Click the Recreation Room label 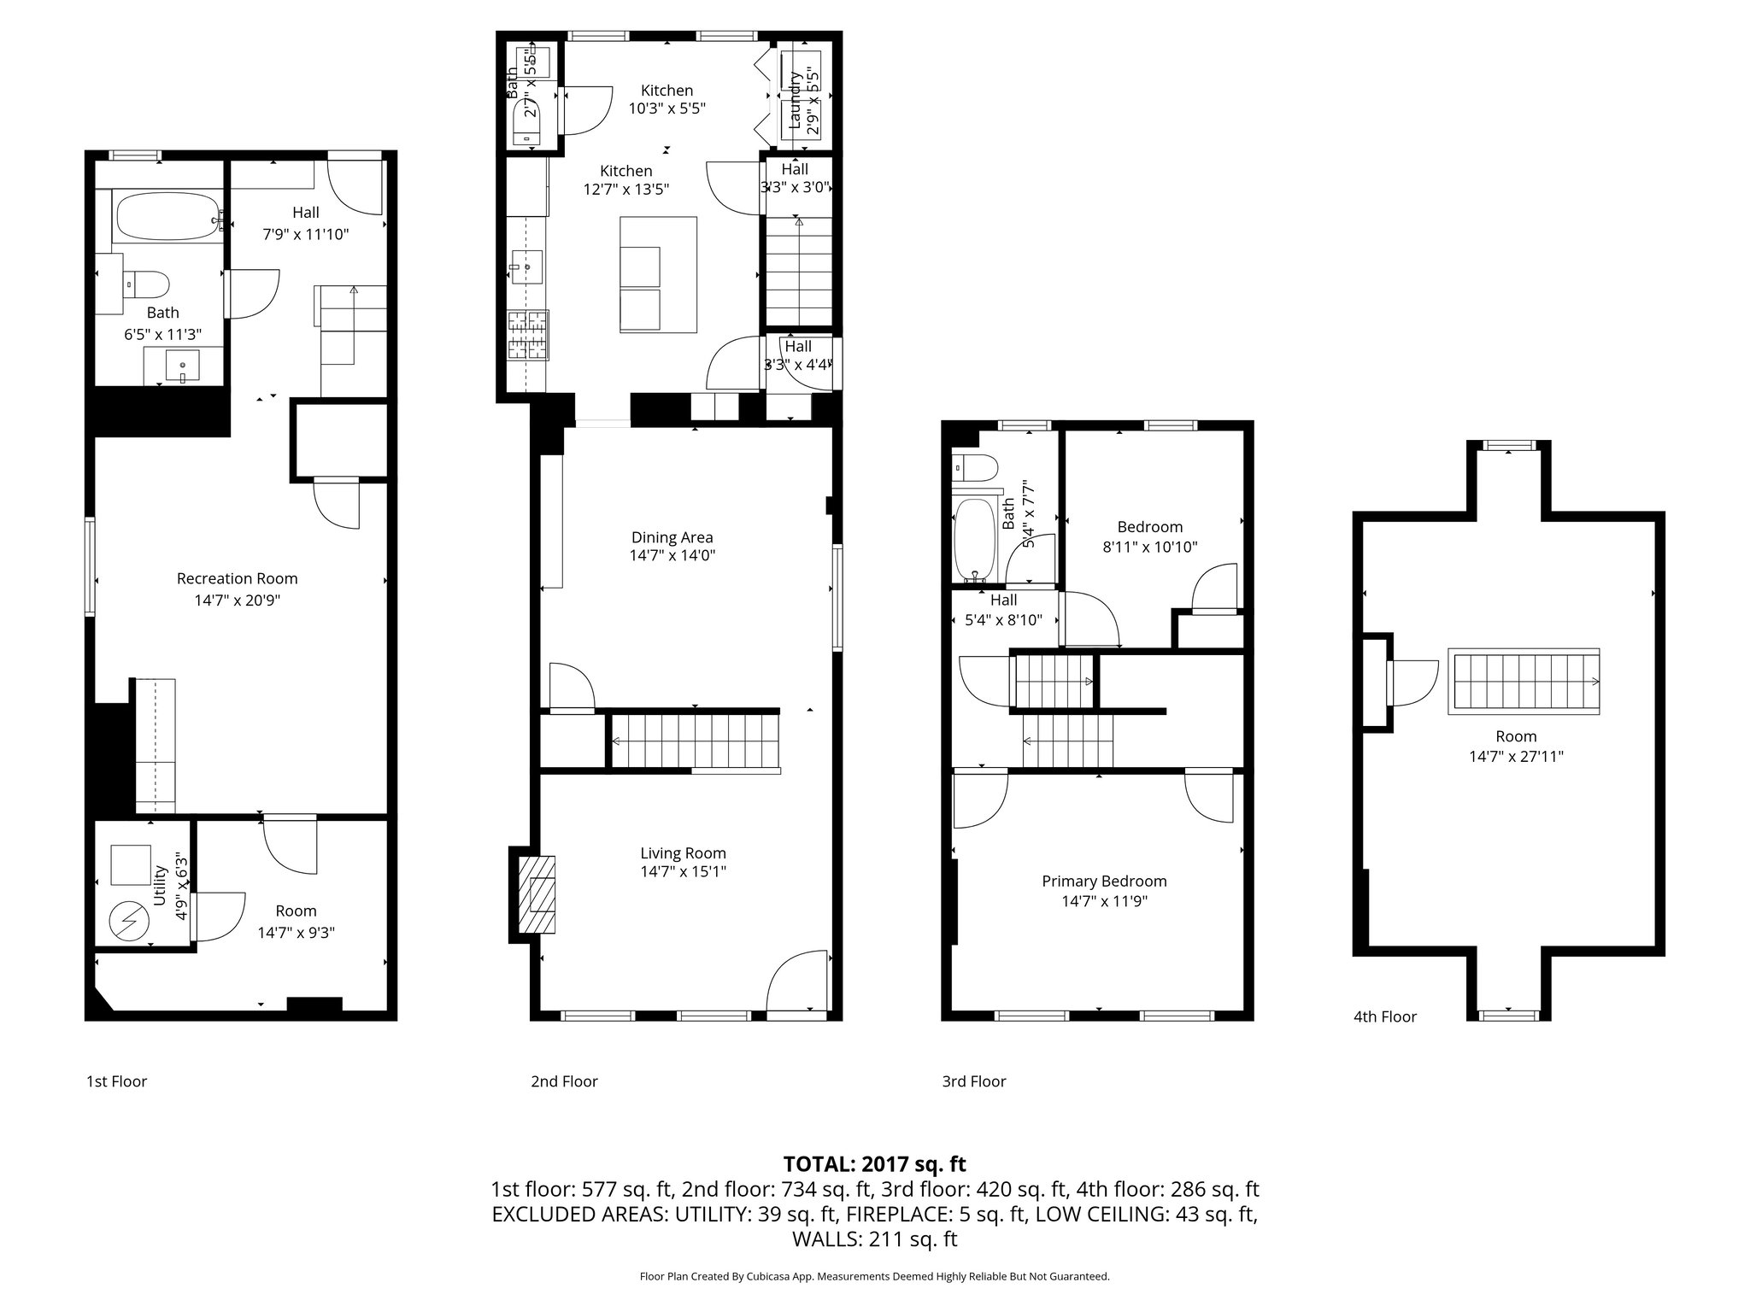(x=237, y=578)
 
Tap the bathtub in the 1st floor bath (x=167, y=218)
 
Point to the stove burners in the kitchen (x=527, y=335)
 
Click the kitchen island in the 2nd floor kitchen (x=658, y=274)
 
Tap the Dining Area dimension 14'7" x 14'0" (x=672, y=556)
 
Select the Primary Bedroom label (x=1104, y=881)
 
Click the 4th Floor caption (x=1384, y=1016)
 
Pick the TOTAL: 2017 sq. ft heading (x=874, y=1163)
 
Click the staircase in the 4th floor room (x=1524, y=681)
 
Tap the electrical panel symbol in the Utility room (x=129, y=919)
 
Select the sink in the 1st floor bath (x=182, y=366)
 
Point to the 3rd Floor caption (x=974, y=1081)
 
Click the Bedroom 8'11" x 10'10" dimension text (x=1149, y=547)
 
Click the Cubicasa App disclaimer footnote (x=874, y=1276)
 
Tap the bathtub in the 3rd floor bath (x=973, y=538)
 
